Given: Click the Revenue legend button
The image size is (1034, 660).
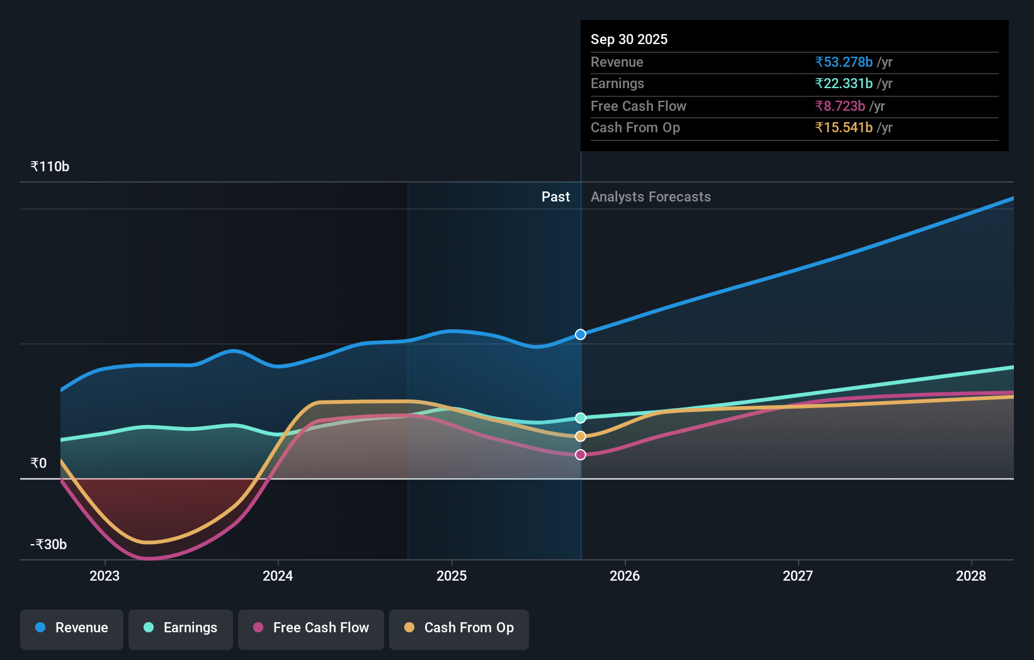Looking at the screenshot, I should tap(72, 629).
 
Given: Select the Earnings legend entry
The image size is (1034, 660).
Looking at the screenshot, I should tap(181, 629).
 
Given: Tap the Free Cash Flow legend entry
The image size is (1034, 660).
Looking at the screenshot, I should tap(311, 629).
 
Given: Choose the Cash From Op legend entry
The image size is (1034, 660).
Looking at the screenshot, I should tap(459, 629).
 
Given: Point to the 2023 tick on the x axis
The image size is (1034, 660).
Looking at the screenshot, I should tap(105, 576).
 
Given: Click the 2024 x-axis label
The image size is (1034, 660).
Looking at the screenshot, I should tap(278, 576).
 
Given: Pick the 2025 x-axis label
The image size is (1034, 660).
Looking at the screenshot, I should tap(452, 576).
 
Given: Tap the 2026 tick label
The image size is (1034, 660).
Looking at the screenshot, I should tap(625, 576).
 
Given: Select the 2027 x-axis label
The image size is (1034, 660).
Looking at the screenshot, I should tap(798, 576).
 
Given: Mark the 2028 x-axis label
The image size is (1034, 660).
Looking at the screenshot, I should tap(971, 576).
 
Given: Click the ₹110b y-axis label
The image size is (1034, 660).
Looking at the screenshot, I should tap(50, 167).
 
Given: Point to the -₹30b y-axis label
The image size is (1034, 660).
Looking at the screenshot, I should tap(48, 545).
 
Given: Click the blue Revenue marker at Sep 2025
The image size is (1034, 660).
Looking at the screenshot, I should tap(581, 334).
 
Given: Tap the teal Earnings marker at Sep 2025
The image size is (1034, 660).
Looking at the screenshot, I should tap(581, 418).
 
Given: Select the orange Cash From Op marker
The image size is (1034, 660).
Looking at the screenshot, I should tap(581, 436).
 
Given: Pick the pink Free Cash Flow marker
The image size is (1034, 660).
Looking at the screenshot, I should tap(581, 455).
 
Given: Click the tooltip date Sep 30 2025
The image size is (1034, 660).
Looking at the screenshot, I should tap(629, 40).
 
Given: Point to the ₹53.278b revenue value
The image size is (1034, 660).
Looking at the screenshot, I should tap(844, 62).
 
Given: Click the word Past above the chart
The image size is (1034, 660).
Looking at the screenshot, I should tap(555, 197).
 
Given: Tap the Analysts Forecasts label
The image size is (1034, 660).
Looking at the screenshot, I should tap(651, 197).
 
